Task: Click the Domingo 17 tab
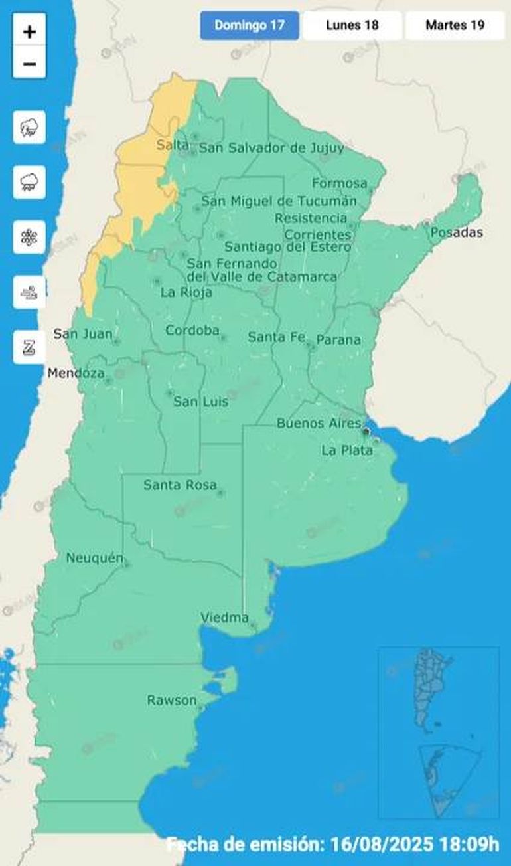250,25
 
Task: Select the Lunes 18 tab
352,25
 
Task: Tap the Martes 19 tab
455,25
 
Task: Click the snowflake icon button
29,238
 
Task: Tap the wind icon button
29,292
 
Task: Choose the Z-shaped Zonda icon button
29,347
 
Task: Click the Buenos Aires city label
319,423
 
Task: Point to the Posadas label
457,232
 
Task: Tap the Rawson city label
172,700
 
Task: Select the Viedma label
224,618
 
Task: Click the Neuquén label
94,559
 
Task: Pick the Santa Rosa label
180,485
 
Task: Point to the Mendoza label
76,373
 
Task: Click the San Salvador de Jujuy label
271,148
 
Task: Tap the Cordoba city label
192,330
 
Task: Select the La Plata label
346,450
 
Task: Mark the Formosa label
339,183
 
